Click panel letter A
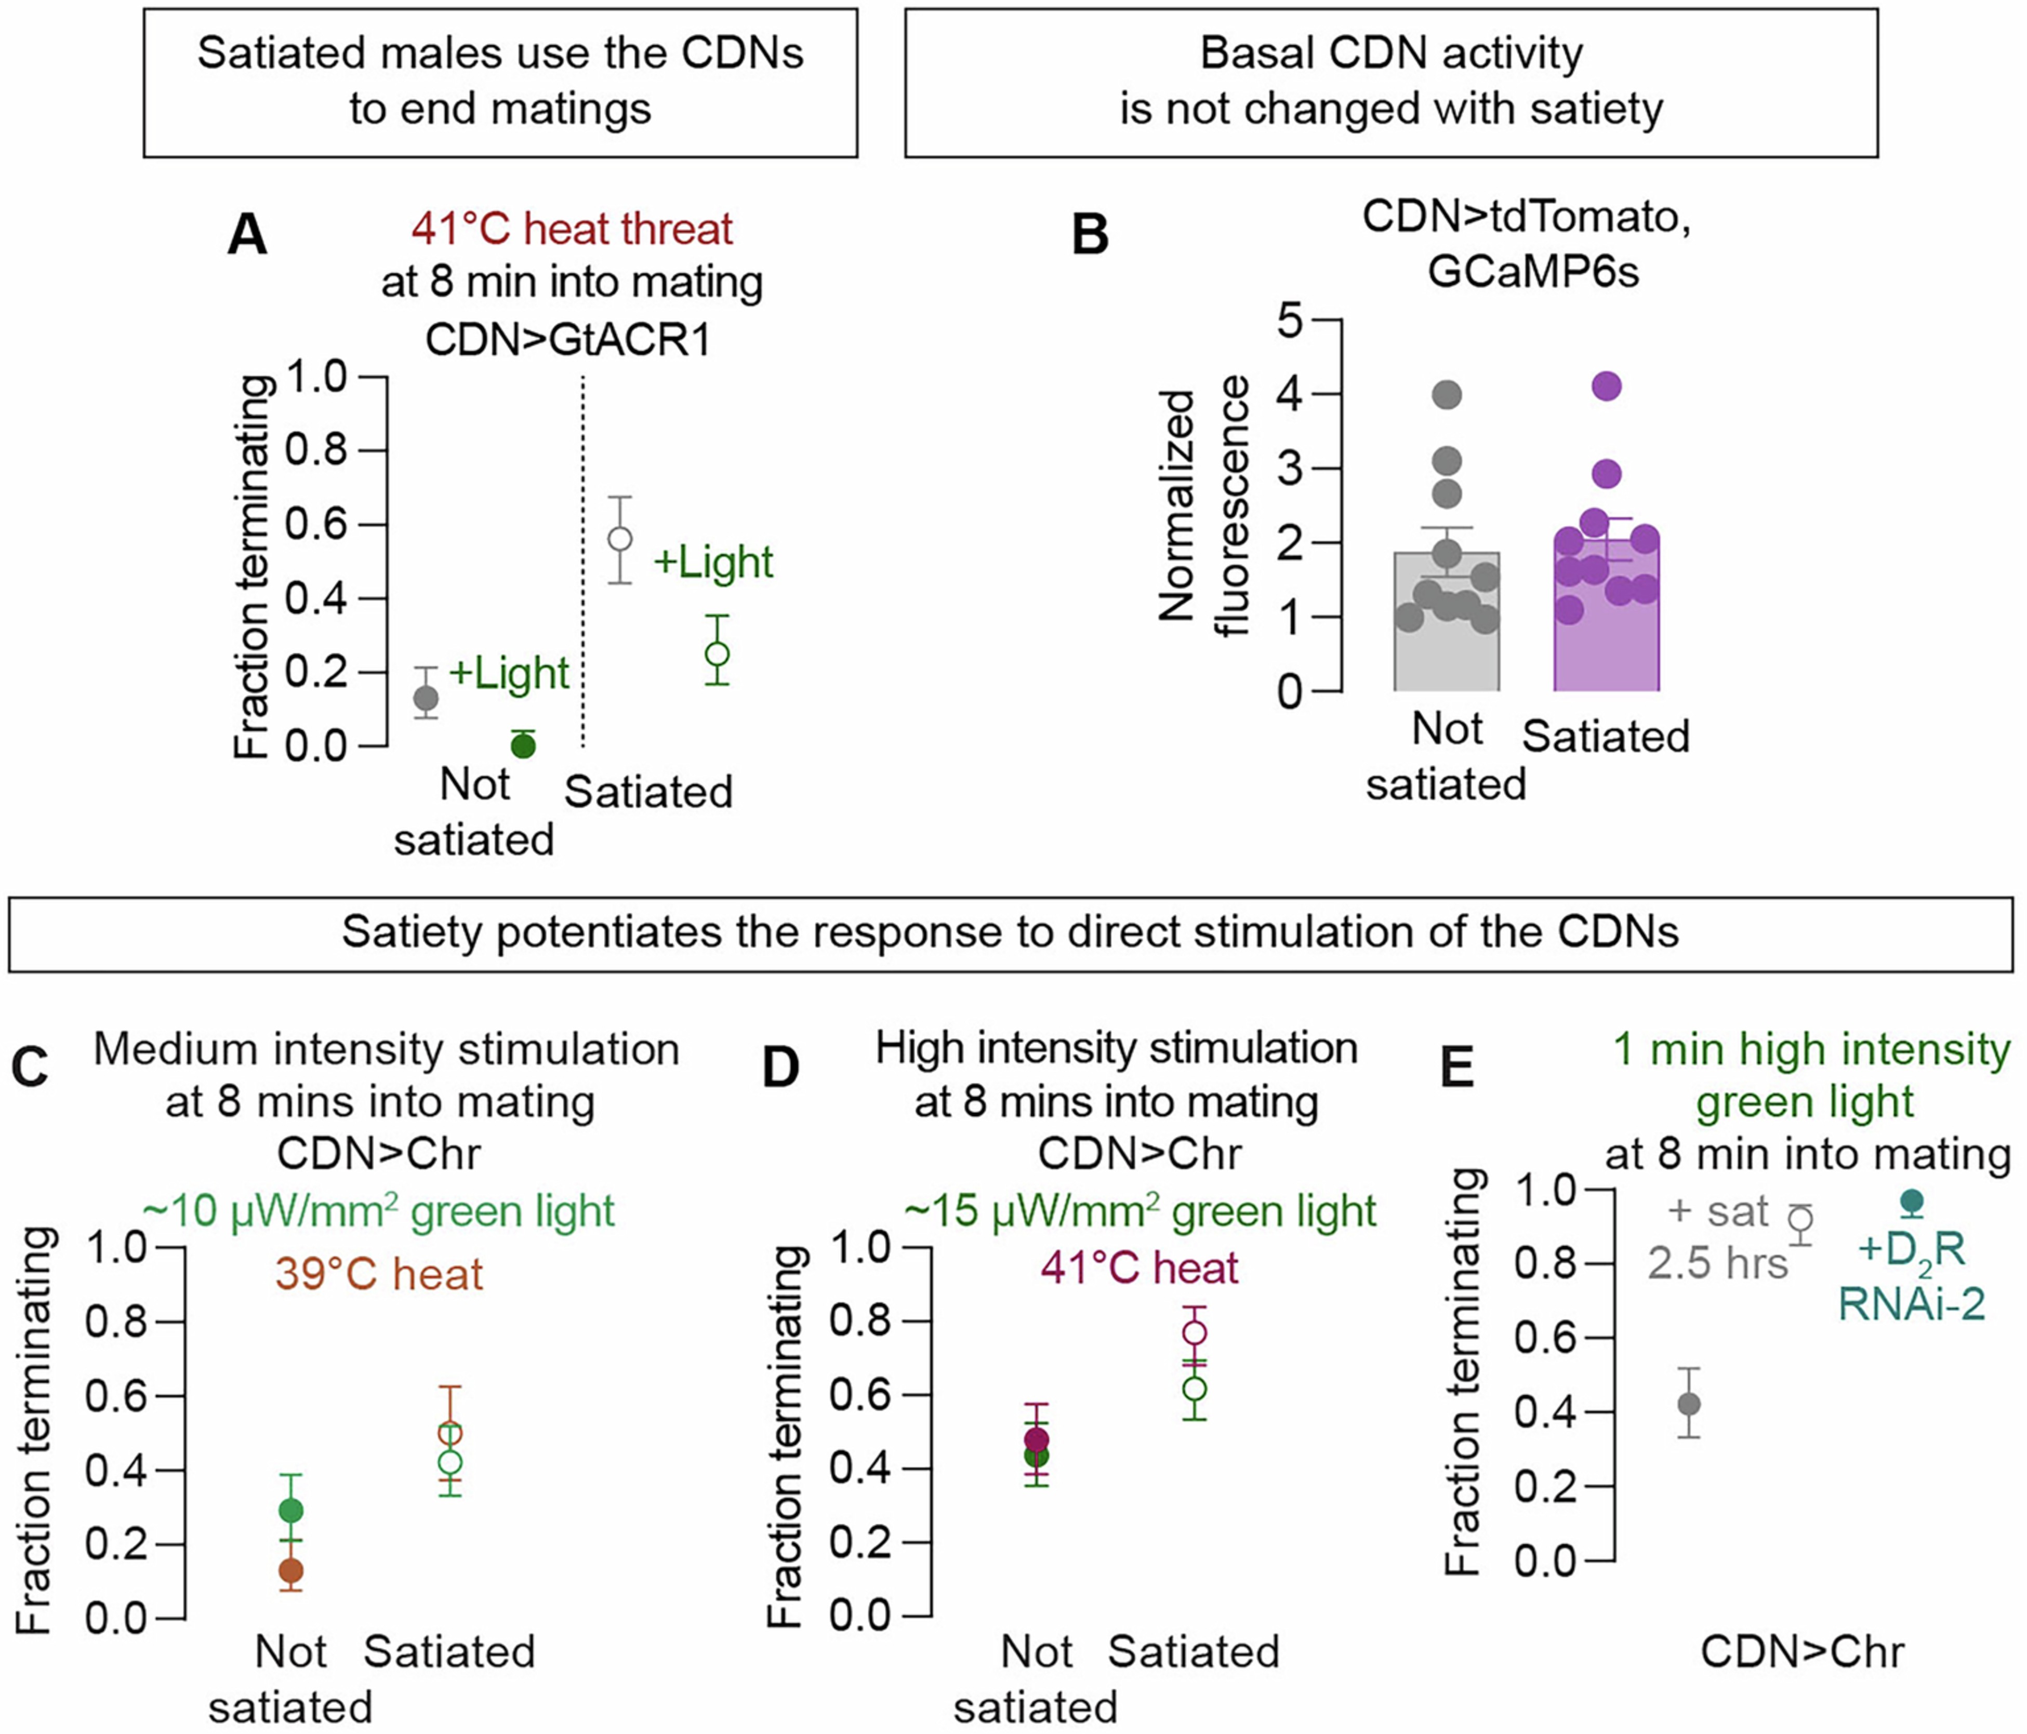[246, 236]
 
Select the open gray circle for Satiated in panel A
[619, 539]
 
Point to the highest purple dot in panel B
[1606, 386]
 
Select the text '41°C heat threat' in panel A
[572, 230]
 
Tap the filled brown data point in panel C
[290, 1571]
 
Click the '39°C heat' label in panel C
[379, 1274]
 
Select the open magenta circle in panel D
[1195, 1333]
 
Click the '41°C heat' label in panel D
[1140, 1269]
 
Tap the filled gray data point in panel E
[1689, 1404]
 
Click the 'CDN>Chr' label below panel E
[1802, 1652]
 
